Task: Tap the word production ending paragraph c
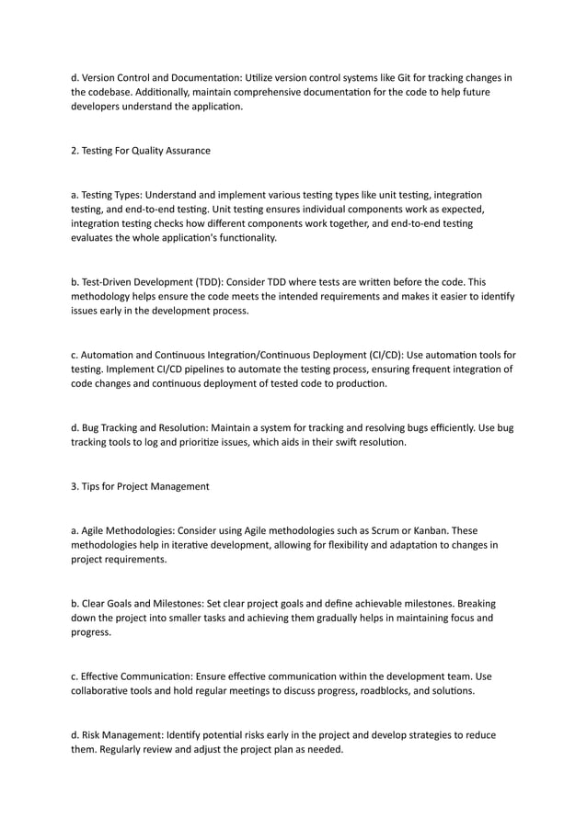coord(360,383)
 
